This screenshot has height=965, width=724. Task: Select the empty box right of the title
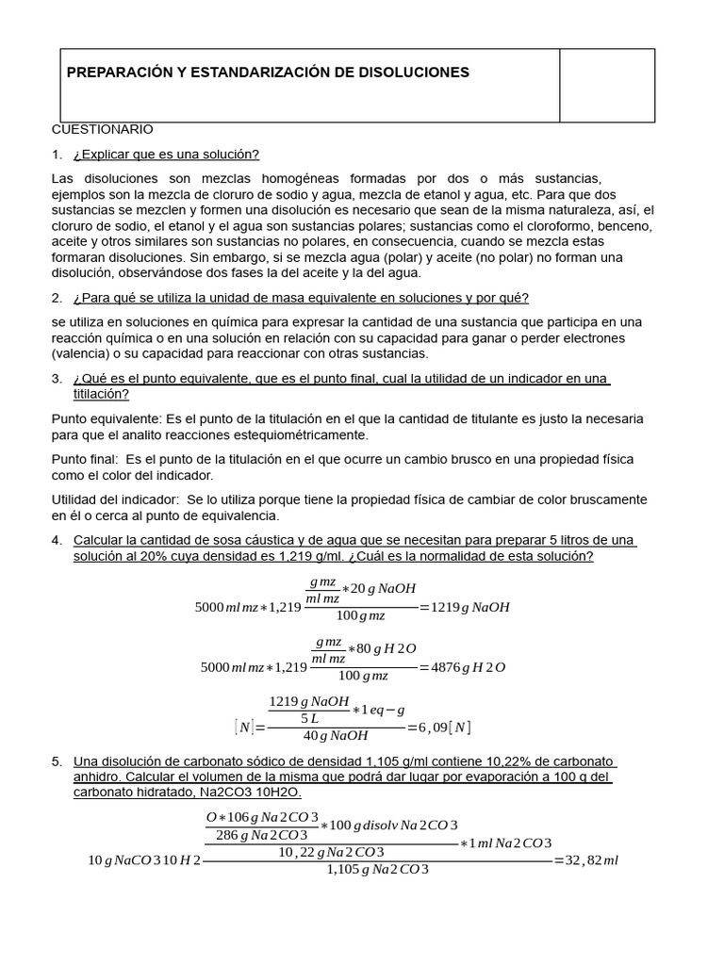tap(607, 85)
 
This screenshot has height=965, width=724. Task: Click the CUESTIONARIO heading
tap(102, 129)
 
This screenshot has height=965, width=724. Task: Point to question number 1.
tap(57, 155)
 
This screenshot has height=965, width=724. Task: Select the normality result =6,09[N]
tap(438, 728)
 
